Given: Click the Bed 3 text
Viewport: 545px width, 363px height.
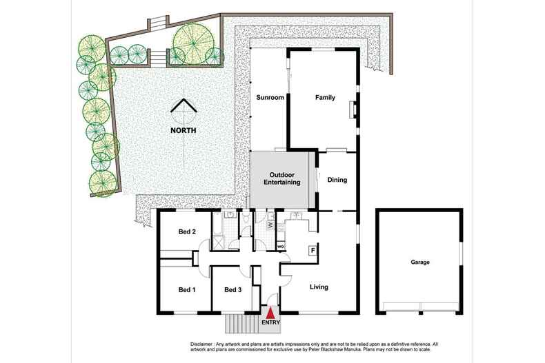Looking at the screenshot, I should pyautogui.click(x=233, y=289).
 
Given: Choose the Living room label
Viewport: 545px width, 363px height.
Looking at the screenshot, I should pyautogui.click(x=318, y=287).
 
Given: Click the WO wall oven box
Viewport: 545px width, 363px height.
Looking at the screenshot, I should pyautogui.click(x=281, y=246).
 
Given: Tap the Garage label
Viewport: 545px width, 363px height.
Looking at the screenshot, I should pyautogui.click(x=419, y=262).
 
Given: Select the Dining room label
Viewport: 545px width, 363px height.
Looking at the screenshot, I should pyautogui.click(x=337, y=180).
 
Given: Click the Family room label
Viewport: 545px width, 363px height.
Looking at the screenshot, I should pyautogui.click(x=325, y=98).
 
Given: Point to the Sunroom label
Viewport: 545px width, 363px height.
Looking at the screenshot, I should pyautogui.click(x=270, y=98).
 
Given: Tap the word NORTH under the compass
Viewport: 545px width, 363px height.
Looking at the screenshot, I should pyautogui.click(x=184, y=130).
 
